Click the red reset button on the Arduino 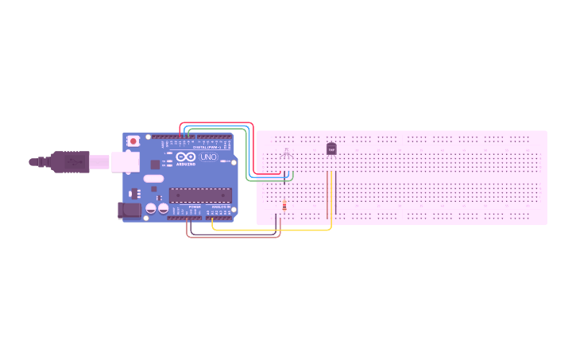(133, 141)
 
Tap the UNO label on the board (207, 158)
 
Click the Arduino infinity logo (186, 158)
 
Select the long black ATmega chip (199, 194)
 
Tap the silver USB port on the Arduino (125, 161)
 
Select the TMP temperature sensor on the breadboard (331, 149)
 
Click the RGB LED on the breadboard (287, 153)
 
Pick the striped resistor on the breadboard (284, 207)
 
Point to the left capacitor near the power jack (149, 208)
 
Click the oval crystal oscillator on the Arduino (154, 188)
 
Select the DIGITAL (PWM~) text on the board (208, 147)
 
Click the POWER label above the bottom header (195, 207)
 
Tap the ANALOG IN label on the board (222, 207)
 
